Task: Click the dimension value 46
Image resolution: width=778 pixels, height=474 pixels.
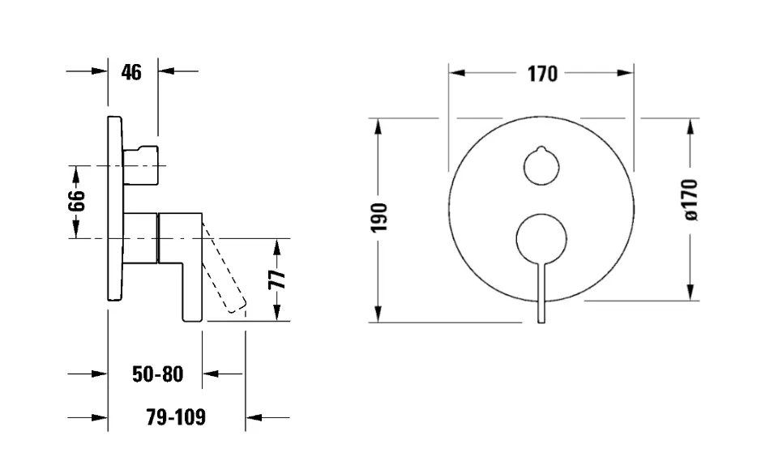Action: [x=131, y=72]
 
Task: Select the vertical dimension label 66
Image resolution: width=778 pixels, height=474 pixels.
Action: [x=75, y=201]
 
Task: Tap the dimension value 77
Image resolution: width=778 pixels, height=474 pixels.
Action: [x=277, y=280]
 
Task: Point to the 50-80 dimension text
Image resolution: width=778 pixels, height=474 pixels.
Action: [x=158, y=374]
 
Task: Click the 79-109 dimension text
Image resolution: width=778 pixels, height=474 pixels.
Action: [x=176, y=418]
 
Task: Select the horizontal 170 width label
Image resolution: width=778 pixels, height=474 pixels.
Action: [x=542, y=74]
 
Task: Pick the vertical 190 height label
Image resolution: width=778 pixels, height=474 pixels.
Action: [x=379, y=218]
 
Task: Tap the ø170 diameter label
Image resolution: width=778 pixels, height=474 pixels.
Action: [x=690, y=199]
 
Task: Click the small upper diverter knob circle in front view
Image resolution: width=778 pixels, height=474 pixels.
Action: [x=541, y=168]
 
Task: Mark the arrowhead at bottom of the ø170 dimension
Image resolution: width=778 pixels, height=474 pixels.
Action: [x=690, y=293]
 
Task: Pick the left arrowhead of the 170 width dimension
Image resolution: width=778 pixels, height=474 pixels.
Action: [x=455, y=73]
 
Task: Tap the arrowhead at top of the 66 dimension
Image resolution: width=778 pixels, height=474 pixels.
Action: [x=75, y=172]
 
